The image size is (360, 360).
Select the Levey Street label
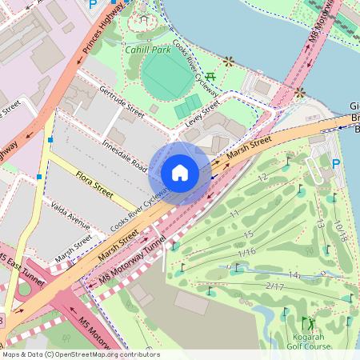(x=202, y=113)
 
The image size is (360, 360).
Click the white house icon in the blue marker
(x=180, y=172)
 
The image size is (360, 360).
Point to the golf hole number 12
(x=262, y=177)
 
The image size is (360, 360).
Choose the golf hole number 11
(x=234, y=214)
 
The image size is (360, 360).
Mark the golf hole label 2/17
(x=274, y=286)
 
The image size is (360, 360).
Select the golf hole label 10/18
(x=342, y=231)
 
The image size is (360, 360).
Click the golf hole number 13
(x=319, y=224)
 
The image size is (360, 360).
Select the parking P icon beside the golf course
(x=336, y=164)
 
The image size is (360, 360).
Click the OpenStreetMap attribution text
(x=80, y=354)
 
